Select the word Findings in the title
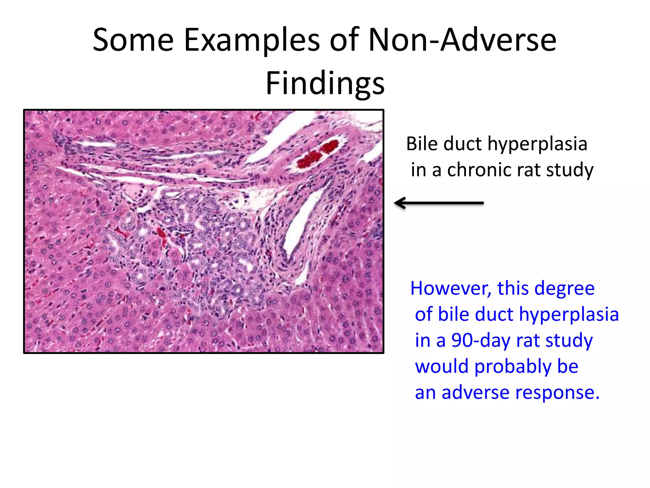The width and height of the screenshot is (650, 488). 325,83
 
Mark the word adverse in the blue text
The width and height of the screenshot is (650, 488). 476,392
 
